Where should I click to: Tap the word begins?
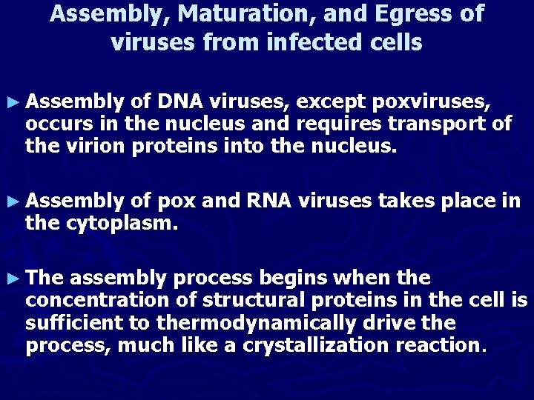[x=291, y=278]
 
